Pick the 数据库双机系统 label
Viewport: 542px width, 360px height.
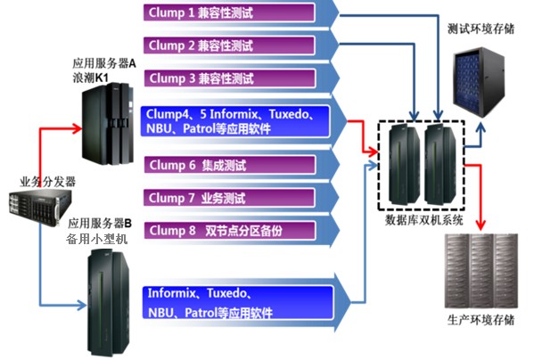coord(423,217)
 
